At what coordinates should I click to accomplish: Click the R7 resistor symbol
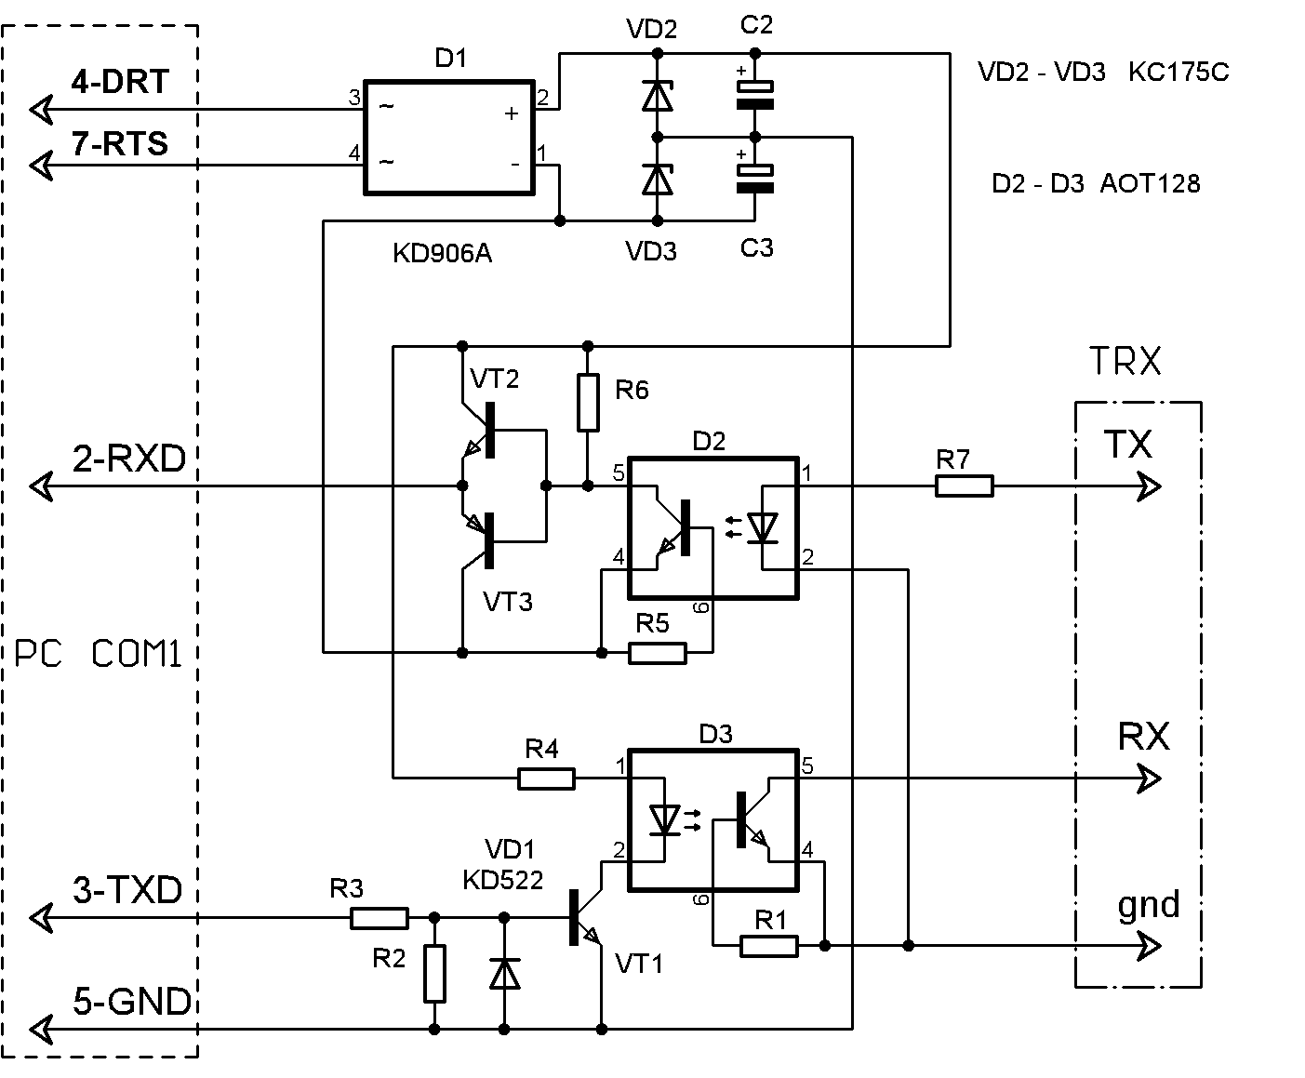tap(965, 486)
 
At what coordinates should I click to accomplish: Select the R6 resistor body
tap(587, 403)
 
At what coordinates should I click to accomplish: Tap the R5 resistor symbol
tap(658, 653)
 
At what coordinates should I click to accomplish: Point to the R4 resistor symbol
tap(546, 778)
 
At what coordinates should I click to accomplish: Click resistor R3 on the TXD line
tap(380, 919)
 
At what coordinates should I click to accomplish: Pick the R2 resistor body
tap(434, 973)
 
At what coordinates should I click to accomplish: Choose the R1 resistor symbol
tap(769, 947)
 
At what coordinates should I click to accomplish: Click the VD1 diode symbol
tap(505, 973)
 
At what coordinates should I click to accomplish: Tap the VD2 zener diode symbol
tap(658, 95)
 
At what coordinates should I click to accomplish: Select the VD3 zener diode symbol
tap(658, 179)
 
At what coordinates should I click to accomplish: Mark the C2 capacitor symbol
tap(755, 95)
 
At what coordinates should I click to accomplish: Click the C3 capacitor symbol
tap(755, 179)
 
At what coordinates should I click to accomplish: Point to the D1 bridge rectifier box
tap(448, 138)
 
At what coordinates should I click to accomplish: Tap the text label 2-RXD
tap(129, 459)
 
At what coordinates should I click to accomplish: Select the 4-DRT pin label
tap(121, 82)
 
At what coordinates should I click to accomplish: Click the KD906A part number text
tap(442, 254)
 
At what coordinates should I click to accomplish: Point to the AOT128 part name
tap(1150, 184)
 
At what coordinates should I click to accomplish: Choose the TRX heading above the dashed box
tap(1124, 362)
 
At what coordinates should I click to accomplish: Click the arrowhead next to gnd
tap(1150, 947)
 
